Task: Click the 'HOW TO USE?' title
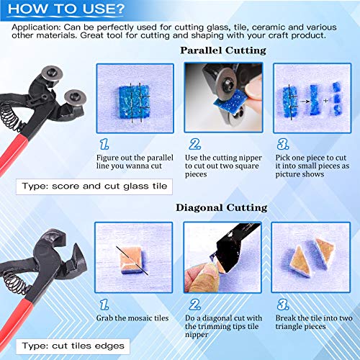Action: pyautogui.click(x=66, y=9)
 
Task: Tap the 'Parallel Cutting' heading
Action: pyautogui.click(x=223, y=50)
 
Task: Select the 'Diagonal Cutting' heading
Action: pyautogui.click(x=222, y=208)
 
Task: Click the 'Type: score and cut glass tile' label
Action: pyautogui.click(x=94, y=186)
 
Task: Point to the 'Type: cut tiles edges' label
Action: pyautogui.click(x=73, y=346)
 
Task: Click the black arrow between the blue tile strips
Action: pyautogui.click(x=305, y=102)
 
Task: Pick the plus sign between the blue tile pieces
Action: pyautogui.click(x=325, y=101)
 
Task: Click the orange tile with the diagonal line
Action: pyautogui.click(x=132, y=260)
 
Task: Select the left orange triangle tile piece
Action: pyautogui.click(x=300, y=262)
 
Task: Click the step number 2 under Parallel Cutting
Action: pyautogui.click(x=194, y=144)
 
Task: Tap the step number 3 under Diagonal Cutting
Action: pyautogui.click(x=283, y=305)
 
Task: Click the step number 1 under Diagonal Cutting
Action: pyautogui.click(x=104, y=305)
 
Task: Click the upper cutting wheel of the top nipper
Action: pyautogui.click(x=52, y=73)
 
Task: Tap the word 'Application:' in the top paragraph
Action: pyautogui.click(x=36, y=27)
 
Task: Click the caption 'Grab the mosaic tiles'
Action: pyautogui.click(x=132, y=318)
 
